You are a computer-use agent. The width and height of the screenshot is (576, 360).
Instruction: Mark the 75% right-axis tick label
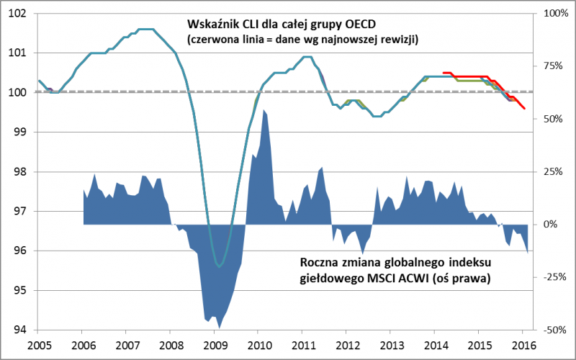click(x=553, y=66)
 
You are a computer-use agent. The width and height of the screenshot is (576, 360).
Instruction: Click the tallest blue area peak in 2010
click(x=264, y=110)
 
